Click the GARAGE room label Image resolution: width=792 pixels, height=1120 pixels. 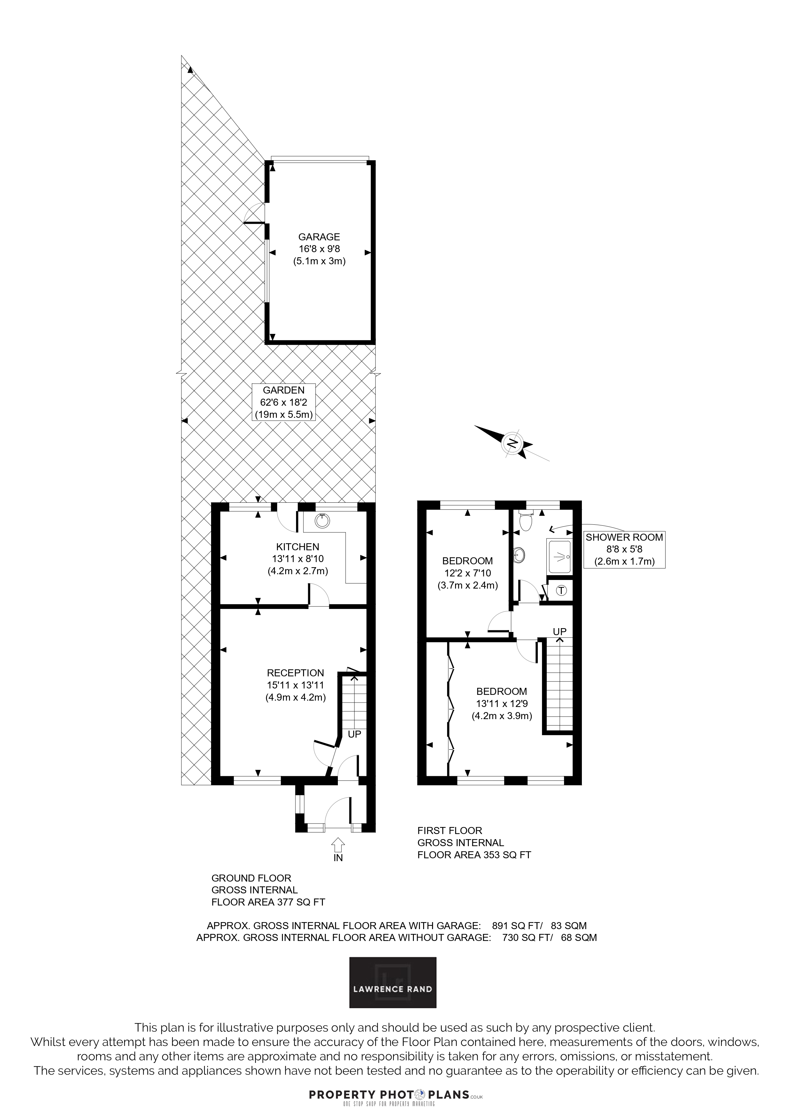(319, 249)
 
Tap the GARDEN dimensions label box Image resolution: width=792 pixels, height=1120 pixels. (284, 402)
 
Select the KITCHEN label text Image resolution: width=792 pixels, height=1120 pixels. (298, 547)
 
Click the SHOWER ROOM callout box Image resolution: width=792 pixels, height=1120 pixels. (624, 549)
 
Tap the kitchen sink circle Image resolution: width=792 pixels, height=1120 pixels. (321, 521)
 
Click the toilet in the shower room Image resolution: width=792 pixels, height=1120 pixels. (526, 521)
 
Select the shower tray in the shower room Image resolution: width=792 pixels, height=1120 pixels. (560, 557)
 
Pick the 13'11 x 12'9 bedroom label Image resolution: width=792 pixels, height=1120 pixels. (502, 704)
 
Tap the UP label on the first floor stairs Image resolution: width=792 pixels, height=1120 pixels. (560, 632)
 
